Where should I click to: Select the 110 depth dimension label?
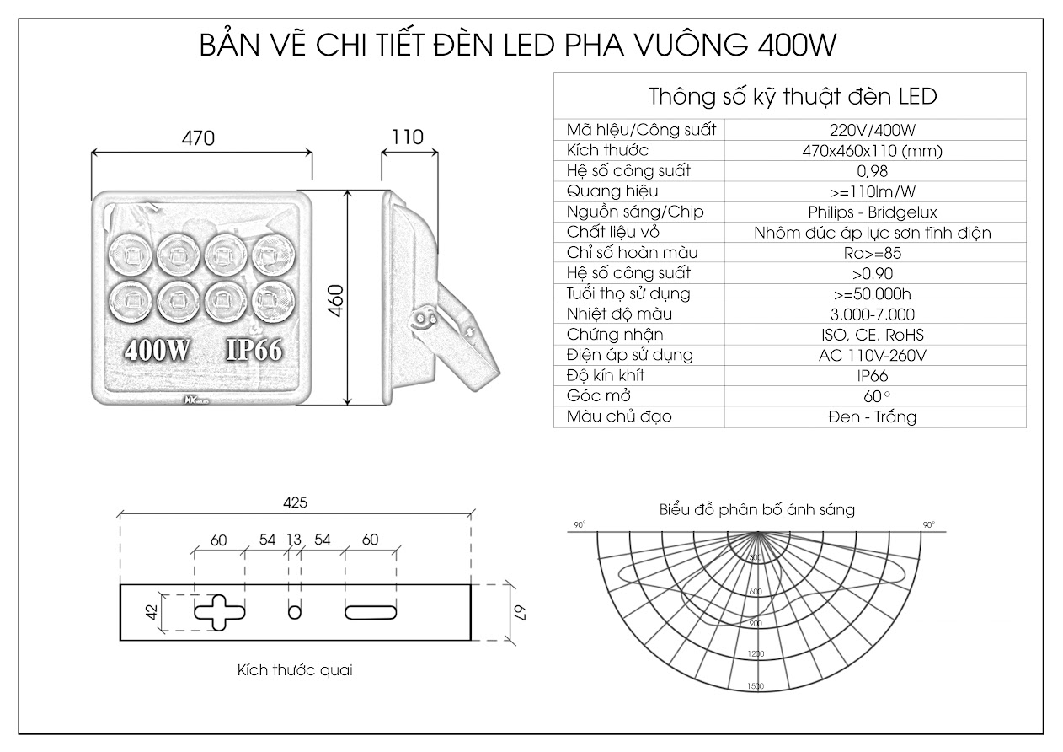(x=409, y=137)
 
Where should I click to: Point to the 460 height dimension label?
(x=334, y=300)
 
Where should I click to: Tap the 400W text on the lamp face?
(x=158, y=351)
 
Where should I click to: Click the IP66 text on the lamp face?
(x=253, y=351)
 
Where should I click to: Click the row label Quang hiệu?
(x=601, y=191)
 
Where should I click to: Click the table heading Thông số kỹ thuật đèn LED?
(x=793, y=96)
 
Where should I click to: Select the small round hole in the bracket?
(x=294, y=611)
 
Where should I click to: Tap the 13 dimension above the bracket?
(x=294, y=540)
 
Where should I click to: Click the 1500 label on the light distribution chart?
(x=756, y=686)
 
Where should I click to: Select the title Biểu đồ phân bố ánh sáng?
(x=757, y=509)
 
